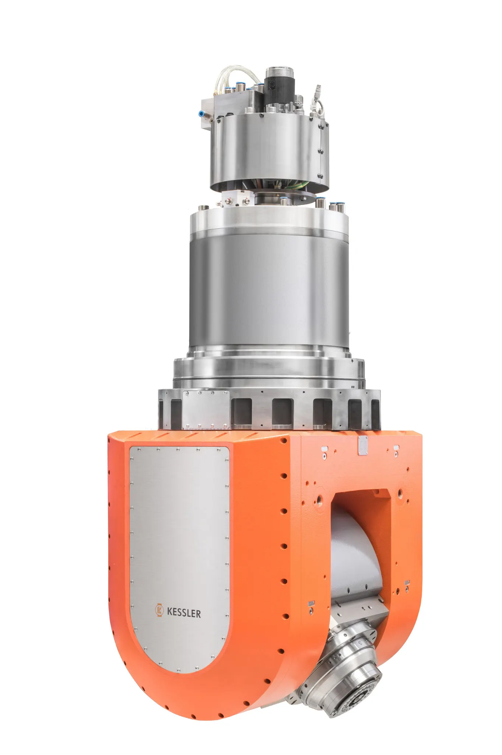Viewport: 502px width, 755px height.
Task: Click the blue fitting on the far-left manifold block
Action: (202, 114)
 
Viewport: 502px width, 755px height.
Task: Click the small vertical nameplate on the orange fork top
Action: (363, 445)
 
